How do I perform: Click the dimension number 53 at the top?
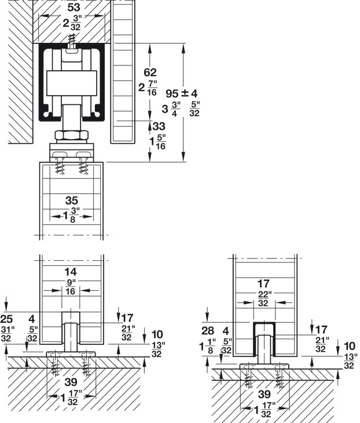74,8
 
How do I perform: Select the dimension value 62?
150,72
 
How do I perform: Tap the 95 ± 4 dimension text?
181,94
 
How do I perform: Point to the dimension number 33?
159,126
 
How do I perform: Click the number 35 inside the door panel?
72,200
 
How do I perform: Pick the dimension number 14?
71,272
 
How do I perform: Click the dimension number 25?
6,319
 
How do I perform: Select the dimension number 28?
208,331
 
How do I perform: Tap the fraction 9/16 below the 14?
71,287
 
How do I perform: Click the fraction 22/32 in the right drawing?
263,299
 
